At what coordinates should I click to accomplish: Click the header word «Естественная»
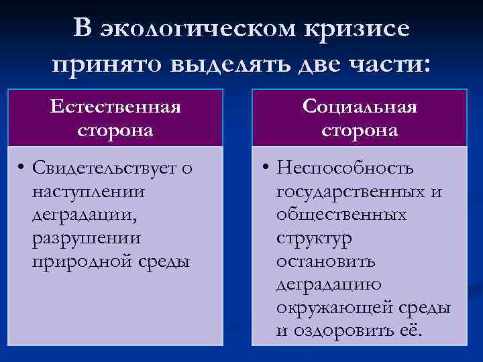[115, 107]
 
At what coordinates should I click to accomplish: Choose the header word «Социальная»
[360, 107]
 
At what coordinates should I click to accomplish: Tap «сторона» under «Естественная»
[115, 129]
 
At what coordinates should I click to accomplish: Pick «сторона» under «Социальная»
[360, 129]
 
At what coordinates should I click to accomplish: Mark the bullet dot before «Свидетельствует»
[22, 168]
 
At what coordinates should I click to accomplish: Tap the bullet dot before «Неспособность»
[266, 168]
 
